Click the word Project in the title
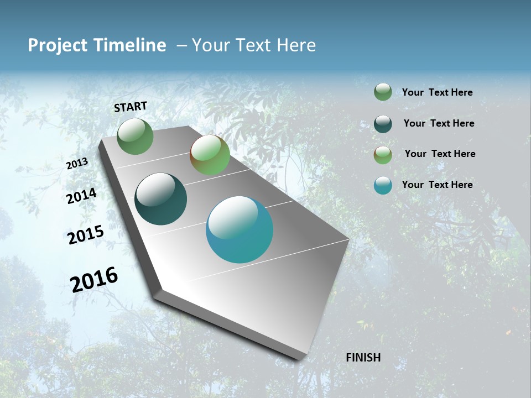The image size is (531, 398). [x=58, y=45]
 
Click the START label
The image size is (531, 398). [x=131, y=106]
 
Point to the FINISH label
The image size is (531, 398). [x=363, y=358]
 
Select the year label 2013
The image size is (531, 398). [x=77, y=164]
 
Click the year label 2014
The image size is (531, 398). [x=81, y=196]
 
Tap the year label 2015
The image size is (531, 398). [x=86, y=235]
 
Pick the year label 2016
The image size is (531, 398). [x=94, y=279]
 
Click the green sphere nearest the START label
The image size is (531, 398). [x=135, y=136]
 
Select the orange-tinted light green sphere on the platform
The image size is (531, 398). [x=210, y=155]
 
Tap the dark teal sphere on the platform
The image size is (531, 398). [x=161, y=199]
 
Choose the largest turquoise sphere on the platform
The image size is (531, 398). [x=240, y=229]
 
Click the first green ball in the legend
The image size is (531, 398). [x=383, y=92]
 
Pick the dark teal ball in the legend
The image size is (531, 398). [x=383, y=124]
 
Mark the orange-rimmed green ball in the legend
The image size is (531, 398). [x=383, y=155]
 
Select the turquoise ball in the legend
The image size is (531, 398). [x=383, y=185]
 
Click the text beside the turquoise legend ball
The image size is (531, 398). [x=437, y=185]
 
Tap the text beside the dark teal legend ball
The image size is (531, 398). [x=439, y=123]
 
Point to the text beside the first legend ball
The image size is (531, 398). [x=437, y=92]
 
